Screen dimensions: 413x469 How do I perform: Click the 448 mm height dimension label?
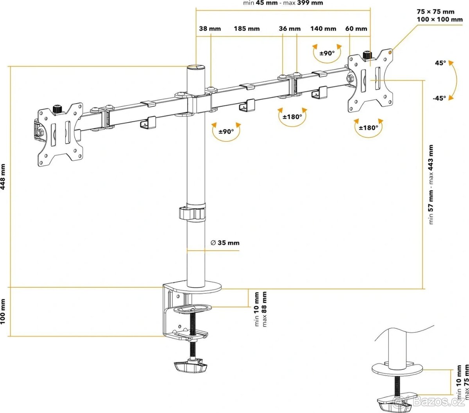coord(4,177)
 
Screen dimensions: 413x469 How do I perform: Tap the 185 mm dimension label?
coord(247,29)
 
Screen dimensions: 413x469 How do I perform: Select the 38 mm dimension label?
coord(210,29)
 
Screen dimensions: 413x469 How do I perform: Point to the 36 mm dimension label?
coord(290,29)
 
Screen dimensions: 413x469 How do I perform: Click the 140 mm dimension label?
coord(323,29)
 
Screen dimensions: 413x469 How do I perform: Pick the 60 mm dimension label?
coord(356,29)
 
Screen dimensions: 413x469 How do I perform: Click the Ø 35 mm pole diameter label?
coord(225,243)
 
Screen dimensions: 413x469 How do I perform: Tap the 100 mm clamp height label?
coord(4,312)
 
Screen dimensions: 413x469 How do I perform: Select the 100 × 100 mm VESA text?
coord(440,19)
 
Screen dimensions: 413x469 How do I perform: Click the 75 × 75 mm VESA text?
coord(435,12)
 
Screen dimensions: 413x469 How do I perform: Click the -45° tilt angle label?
coord(439,98)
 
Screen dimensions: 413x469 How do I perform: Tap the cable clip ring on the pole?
coord(192,214)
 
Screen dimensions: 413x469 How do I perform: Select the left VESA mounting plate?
coord(61,132)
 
